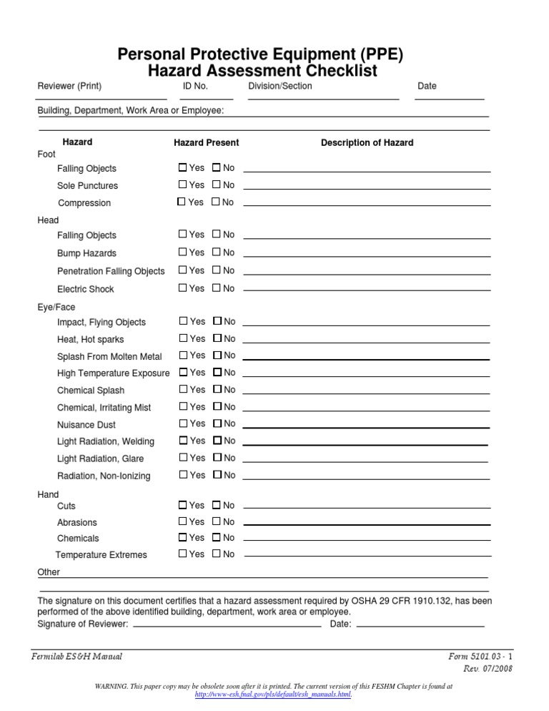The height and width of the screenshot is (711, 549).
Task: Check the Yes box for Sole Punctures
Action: tap(182, 185)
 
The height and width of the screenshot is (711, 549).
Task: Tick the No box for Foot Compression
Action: tap(216, 202)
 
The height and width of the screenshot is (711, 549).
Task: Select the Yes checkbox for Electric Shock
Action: tap(182, 288)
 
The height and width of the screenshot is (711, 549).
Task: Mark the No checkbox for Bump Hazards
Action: tap(216, 252)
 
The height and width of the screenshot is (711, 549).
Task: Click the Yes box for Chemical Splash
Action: tap(183, 390)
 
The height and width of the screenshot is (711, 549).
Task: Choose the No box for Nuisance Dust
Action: tap(217, 424)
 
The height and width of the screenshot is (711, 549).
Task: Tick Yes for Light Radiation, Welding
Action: tap(183, 441)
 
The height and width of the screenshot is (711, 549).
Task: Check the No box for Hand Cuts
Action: tap(216, 506)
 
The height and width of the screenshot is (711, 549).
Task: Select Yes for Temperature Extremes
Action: tap(182, 554)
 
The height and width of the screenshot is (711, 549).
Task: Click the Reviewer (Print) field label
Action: tap(69, 87)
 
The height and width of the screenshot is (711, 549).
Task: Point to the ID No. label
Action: tap(195, 87)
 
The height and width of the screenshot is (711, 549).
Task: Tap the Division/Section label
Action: tap(280, 87)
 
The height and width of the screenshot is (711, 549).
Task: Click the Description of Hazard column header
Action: tap(367, 143)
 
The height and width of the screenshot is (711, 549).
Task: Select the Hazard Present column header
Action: tap(207, 143)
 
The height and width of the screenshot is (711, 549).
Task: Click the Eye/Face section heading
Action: tap(56, 308)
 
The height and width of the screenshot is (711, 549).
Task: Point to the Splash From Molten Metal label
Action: tap(109, 356)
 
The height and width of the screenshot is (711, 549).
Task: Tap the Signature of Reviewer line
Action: tap(227, 625)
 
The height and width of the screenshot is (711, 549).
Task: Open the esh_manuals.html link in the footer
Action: tap(273, 695)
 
